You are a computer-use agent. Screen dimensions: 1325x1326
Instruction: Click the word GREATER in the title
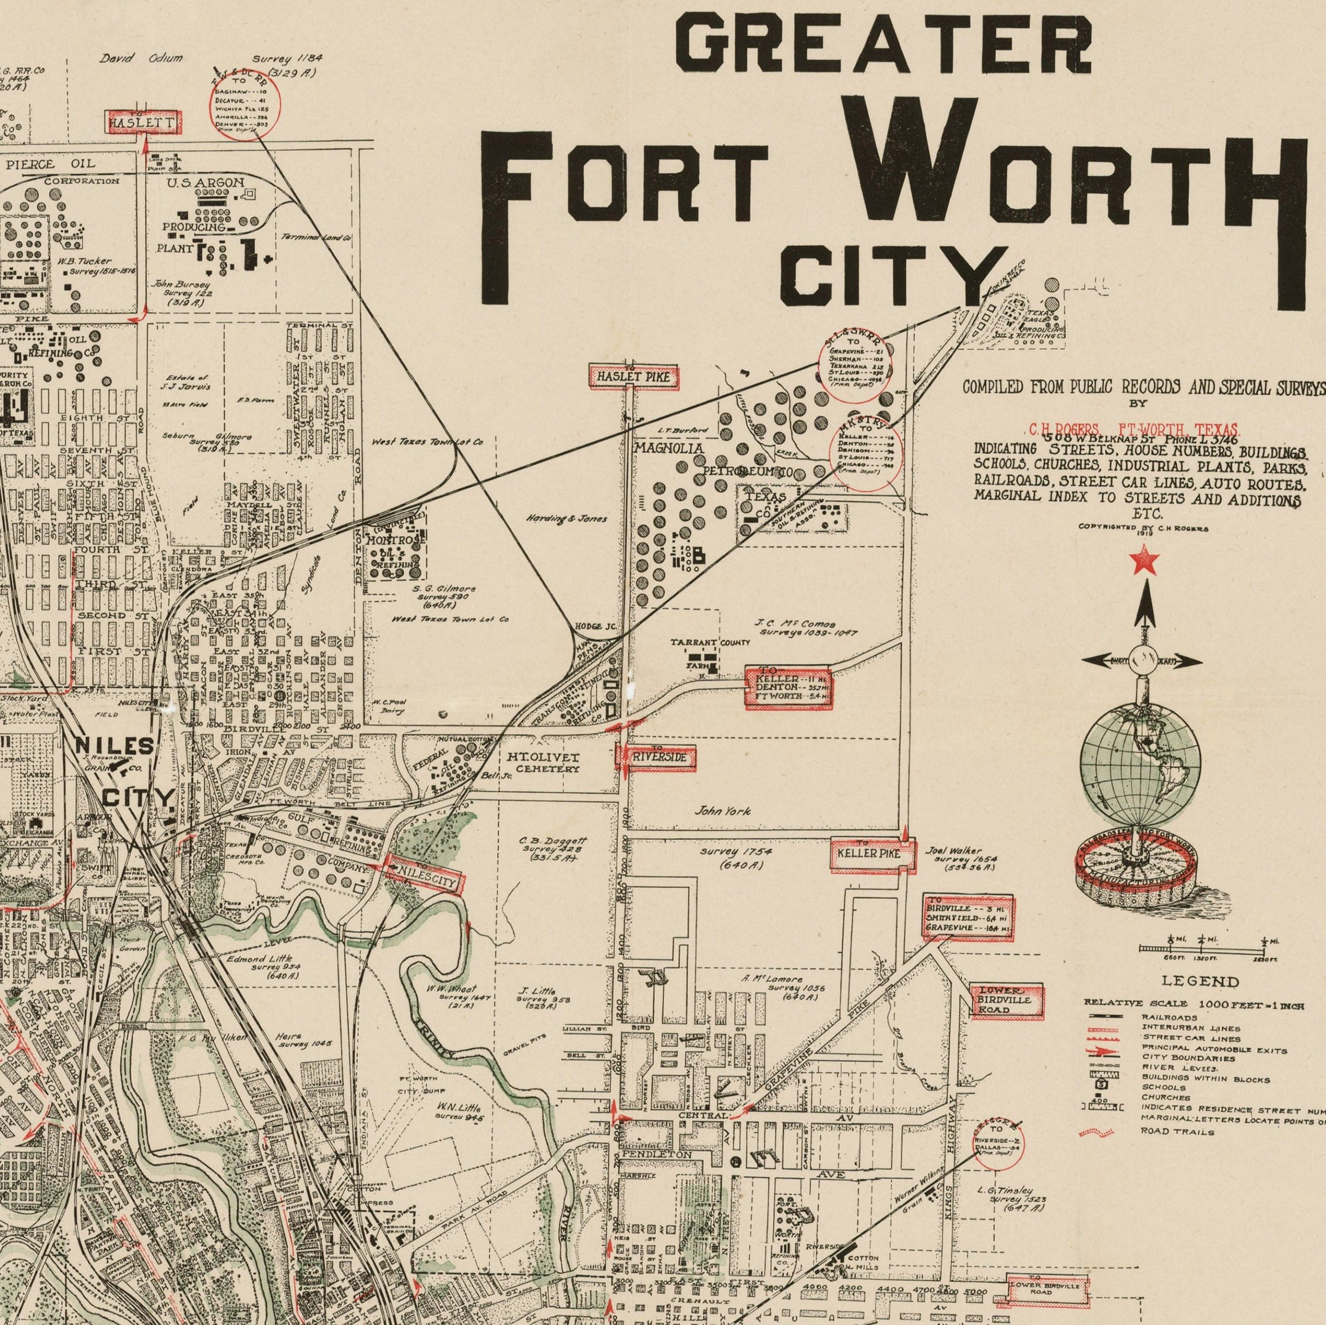click(x=884, y=43)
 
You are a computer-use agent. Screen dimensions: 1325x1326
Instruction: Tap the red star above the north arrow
click(x=1144, y=560)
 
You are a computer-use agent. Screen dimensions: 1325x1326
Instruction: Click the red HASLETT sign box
click(x=144, y=123)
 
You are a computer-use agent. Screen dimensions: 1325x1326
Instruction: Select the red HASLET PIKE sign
click(x=634, y=377)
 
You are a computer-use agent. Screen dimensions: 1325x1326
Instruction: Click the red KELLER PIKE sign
click(x=873, y=854)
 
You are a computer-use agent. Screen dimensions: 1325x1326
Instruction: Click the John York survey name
click(x=723, y=810)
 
